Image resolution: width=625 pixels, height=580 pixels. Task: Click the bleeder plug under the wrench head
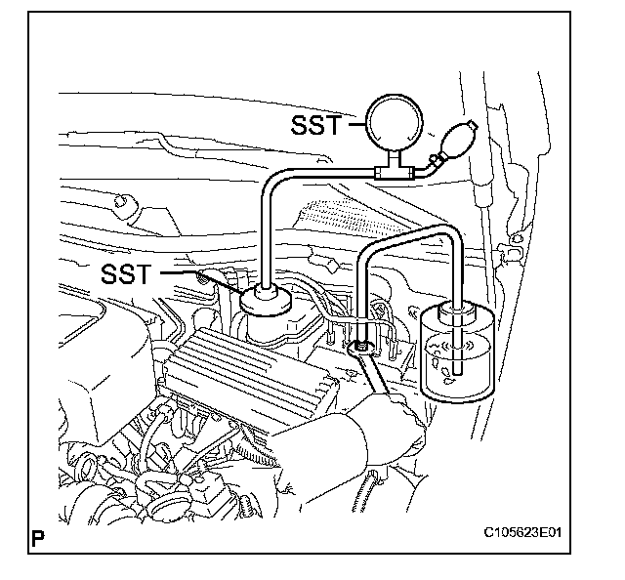[x=362, y=344]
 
